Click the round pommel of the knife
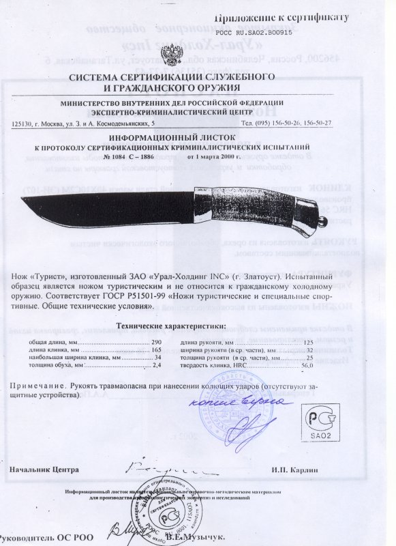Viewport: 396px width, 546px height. pos(323,222)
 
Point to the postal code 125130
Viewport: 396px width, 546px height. pos(22,123)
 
